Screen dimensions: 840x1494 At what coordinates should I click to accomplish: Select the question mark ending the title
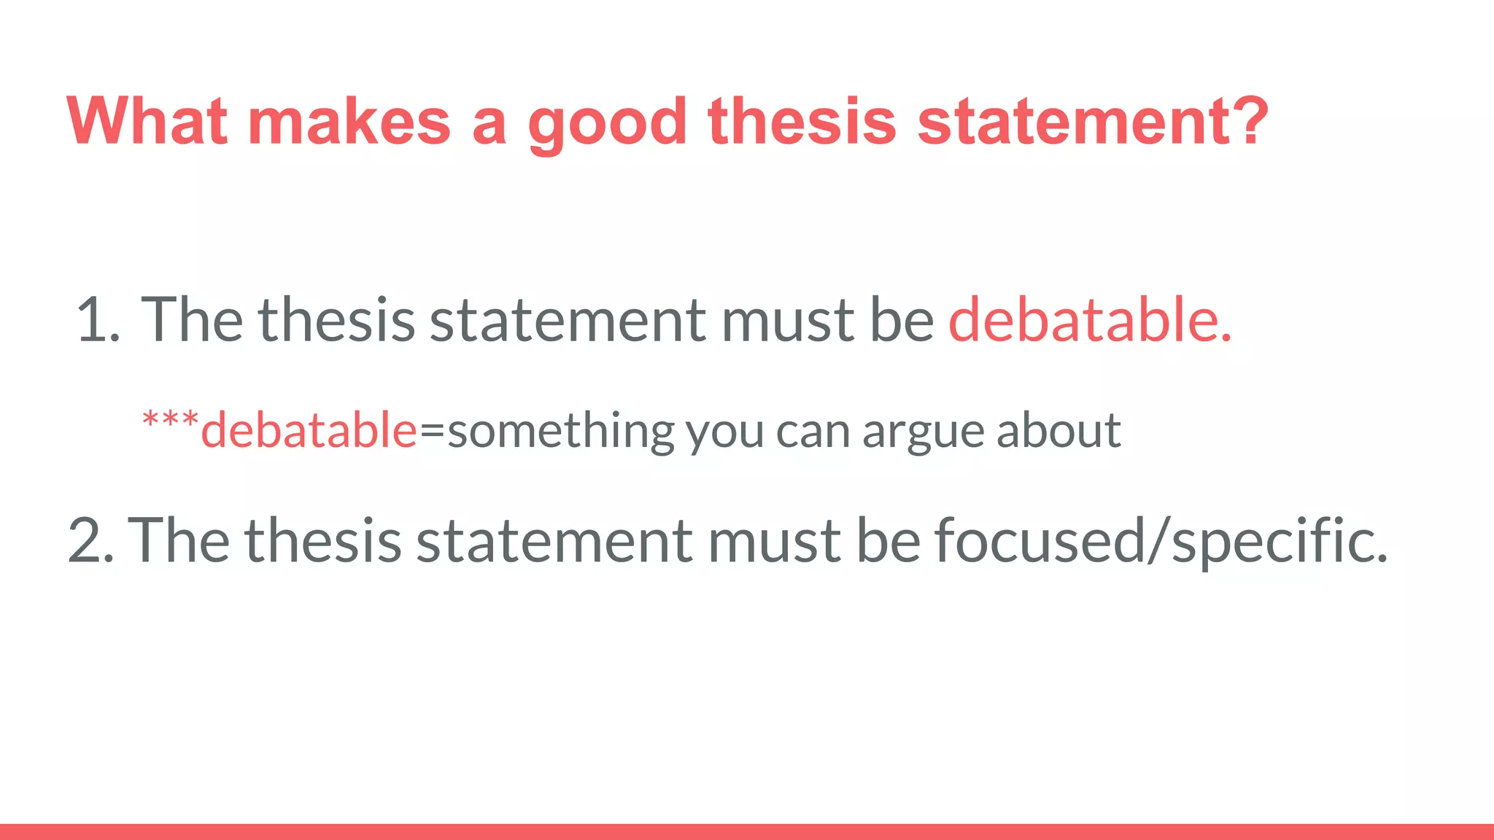tap(1247, 121)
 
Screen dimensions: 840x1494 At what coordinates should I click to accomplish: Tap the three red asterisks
tap(170, 421)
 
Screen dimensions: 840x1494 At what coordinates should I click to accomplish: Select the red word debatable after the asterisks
tap(309, 430)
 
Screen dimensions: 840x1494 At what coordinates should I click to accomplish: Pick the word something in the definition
tap(561, 432)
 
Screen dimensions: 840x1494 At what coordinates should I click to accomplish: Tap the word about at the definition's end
tap(1058, 430)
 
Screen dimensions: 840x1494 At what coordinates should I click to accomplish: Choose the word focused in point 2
tap(1040, 540)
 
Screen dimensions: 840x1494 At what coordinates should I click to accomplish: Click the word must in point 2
tap(773, 540)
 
